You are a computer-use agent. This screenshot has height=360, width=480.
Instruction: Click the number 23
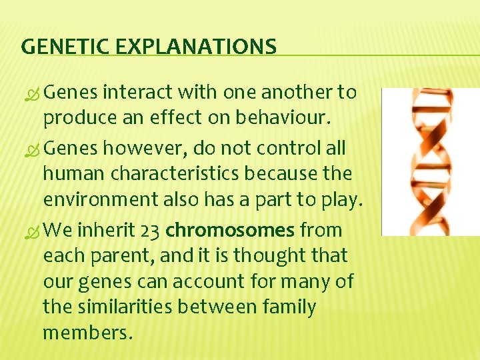[x=150, y=231]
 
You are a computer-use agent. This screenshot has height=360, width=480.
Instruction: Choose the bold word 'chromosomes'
[x=230, y=231]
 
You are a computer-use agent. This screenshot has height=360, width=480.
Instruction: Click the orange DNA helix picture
[x=430, y=161]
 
